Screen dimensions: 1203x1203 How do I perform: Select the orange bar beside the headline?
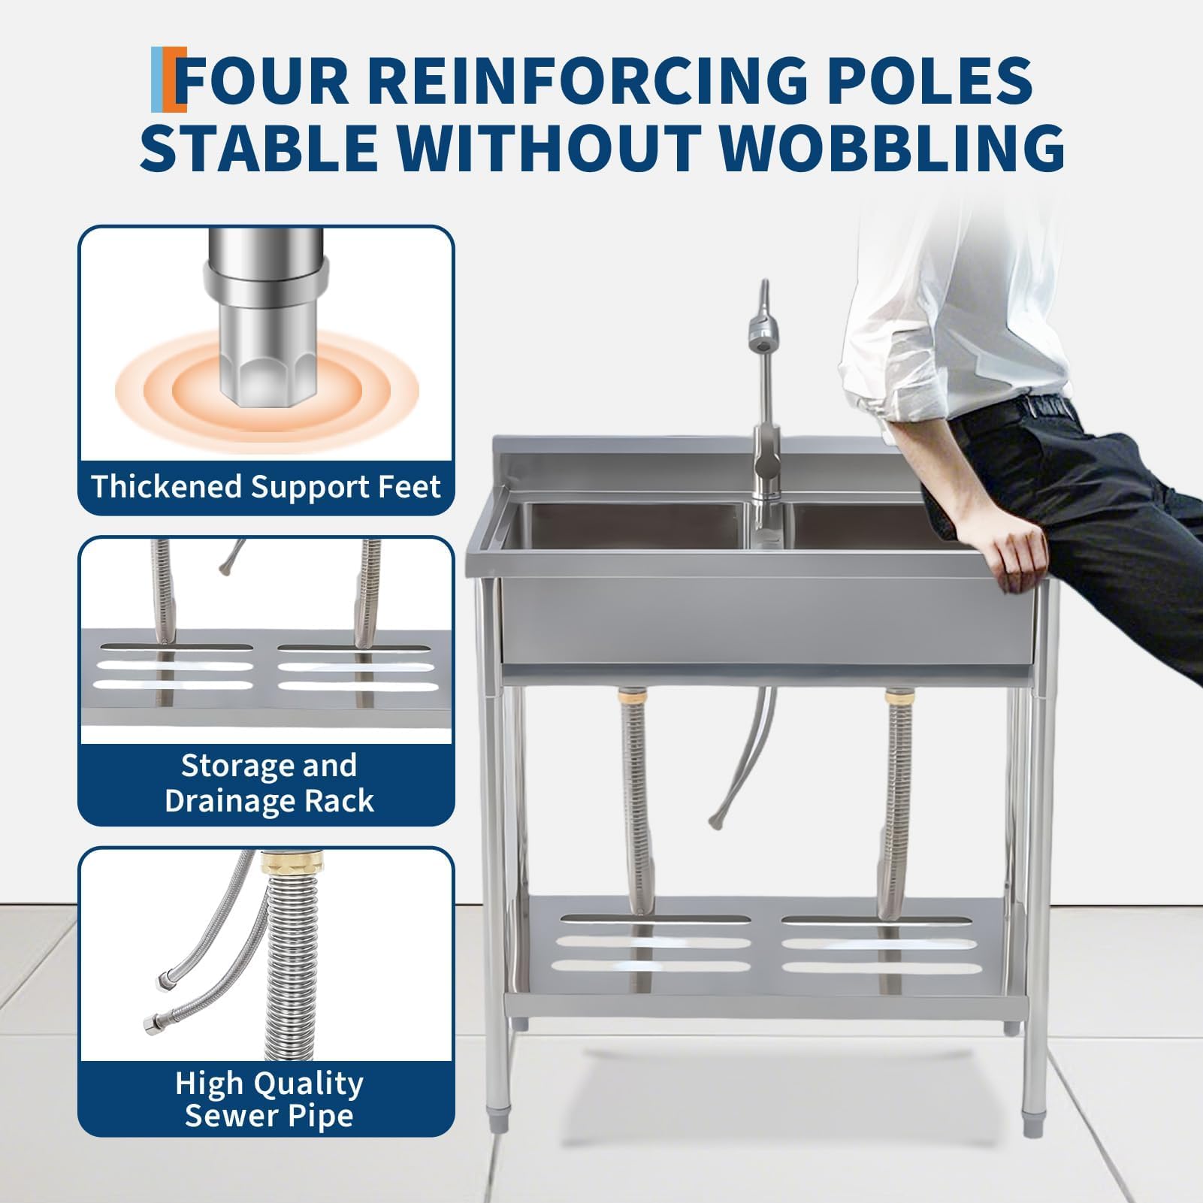pyautogui.click(x=180, y=80)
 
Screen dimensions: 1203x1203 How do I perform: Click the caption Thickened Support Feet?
pyautogui.click(x=266, y=487)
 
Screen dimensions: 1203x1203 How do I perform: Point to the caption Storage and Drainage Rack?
pyautogui.click(x=269, y=783)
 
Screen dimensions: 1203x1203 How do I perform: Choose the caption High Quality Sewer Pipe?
pyautogui.click(x=269, y=1099)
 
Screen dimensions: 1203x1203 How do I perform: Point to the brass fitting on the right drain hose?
pyautogui.click(x=897, y=694)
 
